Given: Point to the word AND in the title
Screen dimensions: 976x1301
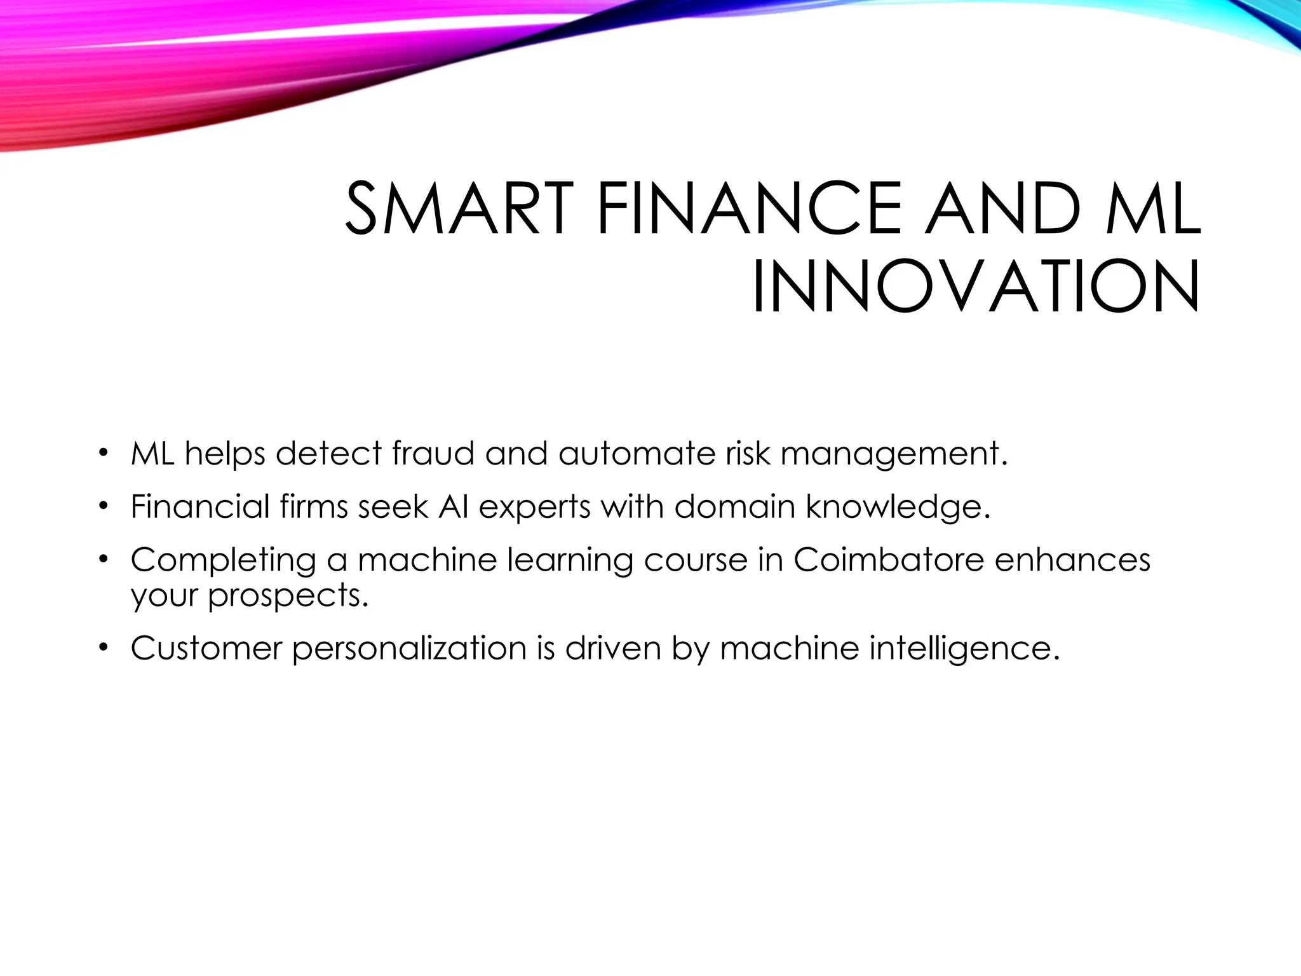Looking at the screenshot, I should coord(1003,208).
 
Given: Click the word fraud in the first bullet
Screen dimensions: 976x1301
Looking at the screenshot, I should coord(433,454).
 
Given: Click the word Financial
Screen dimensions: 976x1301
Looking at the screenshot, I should coord(201,506).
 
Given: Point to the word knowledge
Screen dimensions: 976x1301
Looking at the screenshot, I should coord(898,508).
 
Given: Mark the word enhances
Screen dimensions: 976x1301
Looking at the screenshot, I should coord(1072,560).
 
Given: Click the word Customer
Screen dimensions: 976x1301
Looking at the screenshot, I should coord(206,648).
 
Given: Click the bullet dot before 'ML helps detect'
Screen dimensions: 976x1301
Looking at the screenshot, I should coord(103,454).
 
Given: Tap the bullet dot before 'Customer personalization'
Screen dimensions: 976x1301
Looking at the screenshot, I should coord(103,648).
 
